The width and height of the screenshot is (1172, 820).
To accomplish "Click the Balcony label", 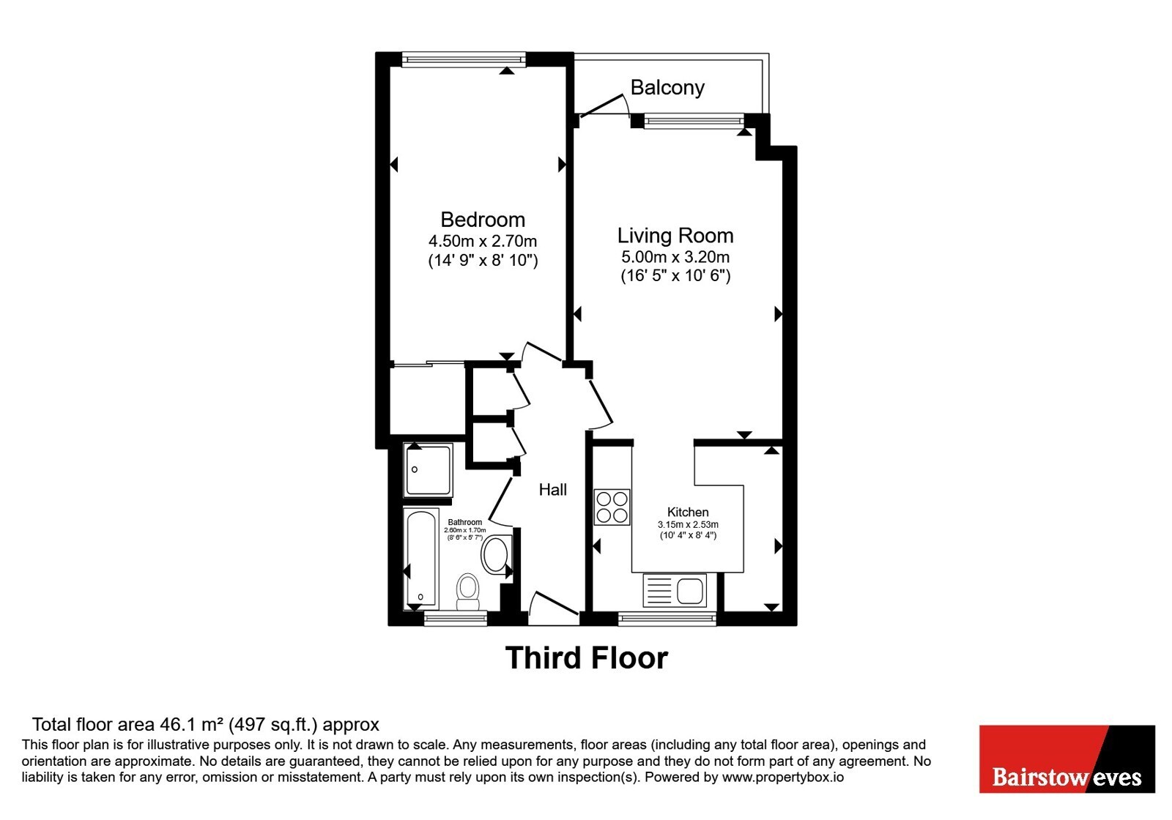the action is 667,87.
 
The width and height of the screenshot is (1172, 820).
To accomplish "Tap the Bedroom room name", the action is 483,220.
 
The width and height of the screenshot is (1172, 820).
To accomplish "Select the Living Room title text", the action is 675,236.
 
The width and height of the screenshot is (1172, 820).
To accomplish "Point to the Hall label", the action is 553,490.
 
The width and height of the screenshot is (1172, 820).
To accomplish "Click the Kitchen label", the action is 688,512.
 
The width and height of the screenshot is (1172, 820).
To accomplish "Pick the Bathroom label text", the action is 464,522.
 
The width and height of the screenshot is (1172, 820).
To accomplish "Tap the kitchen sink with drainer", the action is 675,590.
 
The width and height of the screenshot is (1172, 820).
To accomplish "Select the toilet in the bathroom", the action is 468,592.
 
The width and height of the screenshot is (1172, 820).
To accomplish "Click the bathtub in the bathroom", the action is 421,559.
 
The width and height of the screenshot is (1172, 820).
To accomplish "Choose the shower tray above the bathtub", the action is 428,470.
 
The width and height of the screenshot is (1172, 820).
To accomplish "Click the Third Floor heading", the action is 587,658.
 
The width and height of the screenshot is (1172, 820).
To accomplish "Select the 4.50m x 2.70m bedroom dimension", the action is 483,241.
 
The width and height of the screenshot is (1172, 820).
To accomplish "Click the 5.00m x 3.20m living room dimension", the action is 675,257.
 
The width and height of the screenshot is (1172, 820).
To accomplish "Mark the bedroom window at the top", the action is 464,59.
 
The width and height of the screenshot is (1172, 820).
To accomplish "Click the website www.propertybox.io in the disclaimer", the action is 783,777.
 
